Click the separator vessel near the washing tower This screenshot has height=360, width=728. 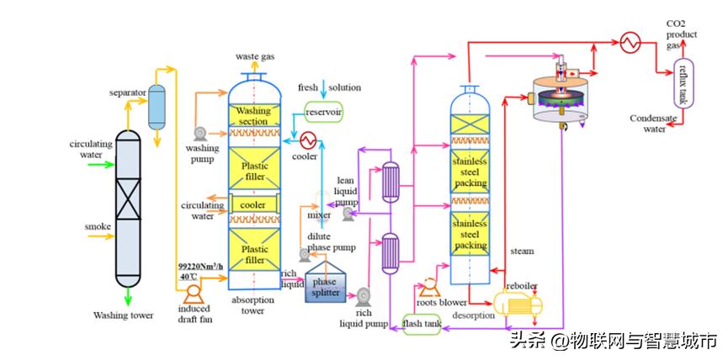[x=157, y=107]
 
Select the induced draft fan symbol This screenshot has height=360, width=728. [x=191, y=293]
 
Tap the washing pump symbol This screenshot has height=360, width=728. [x=200, y=133]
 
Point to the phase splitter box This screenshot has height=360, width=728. [x=326, y=287]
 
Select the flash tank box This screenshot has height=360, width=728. [x=422, y=323]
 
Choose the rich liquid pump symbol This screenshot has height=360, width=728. [x=363, y=296]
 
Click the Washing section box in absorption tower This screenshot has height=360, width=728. [x=252, y=116]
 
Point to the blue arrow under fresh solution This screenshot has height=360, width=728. [x=322, y=97]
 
